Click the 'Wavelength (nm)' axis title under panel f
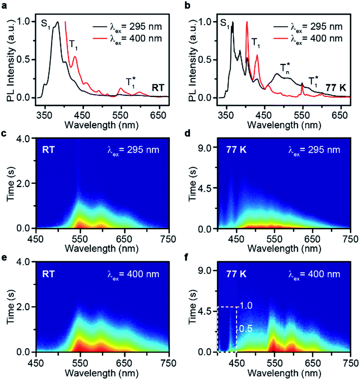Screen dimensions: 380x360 pos(284,372)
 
